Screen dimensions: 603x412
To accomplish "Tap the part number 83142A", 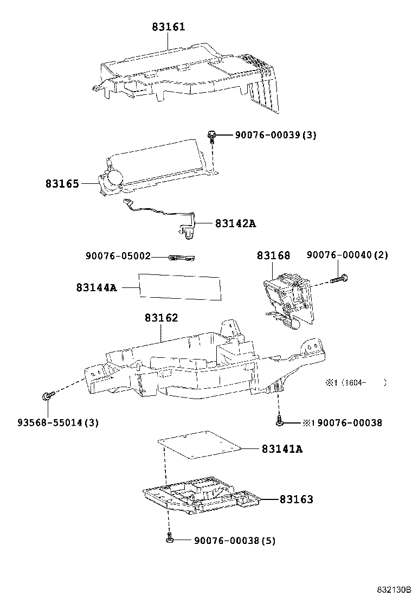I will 235,223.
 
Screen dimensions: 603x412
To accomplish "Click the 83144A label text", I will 96,287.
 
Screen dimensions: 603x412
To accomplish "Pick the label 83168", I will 273,255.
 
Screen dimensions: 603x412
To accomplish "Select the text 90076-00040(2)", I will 347,255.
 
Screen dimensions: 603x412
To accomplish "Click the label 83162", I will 161,318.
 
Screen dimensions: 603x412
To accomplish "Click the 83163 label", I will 296,499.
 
